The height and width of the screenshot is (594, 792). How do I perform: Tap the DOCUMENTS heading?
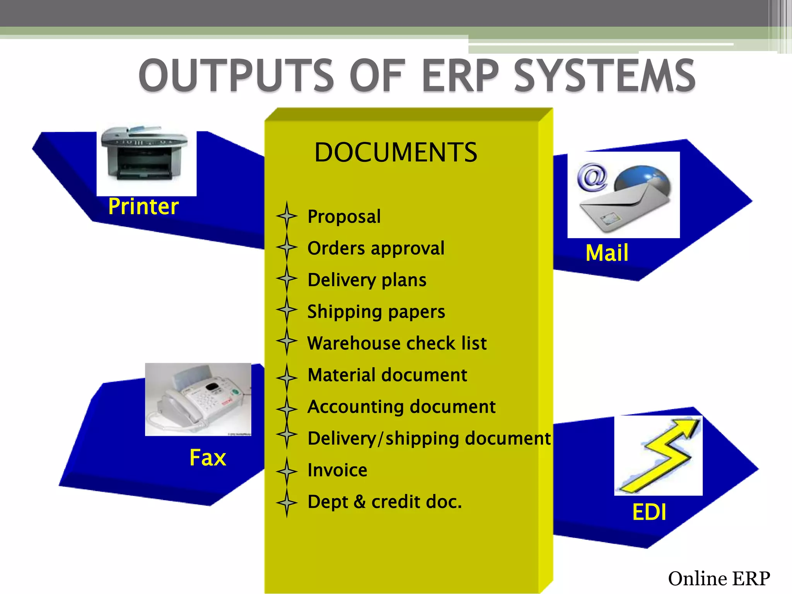click(x=396, y=152)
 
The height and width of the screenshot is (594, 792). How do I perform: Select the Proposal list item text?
click(x=344, y=217)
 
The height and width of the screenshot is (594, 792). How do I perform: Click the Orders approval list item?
click(x=376, y=248)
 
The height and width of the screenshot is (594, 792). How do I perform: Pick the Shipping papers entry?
click(x=376, y=312)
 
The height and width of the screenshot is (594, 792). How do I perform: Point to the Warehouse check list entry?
click(x=397, y=343)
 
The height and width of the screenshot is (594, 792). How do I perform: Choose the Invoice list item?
click(x=337, y=470)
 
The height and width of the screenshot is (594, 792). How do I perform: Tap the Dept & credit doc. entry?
click(x=385, y=502)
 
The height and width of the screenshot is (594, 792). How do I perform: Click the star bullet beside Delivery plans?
click(x=287, y=278)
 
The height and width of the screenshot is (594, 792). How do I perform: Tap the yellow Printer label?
click(x=143, y=207)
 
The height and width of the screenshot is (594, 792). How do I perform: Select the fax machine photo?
click(x=198, y=399)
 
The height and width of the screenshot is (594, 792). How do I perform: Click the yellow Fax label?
click(x=208, y=458)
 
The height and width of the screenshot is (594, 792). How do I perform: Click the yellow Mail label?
click(x=607, y=253)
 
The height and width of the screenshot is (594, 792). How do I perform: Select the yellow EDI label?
click(x=649, y=512)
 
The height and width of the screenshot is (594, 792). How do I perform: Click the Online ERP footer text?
click(x=719, y=579)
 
